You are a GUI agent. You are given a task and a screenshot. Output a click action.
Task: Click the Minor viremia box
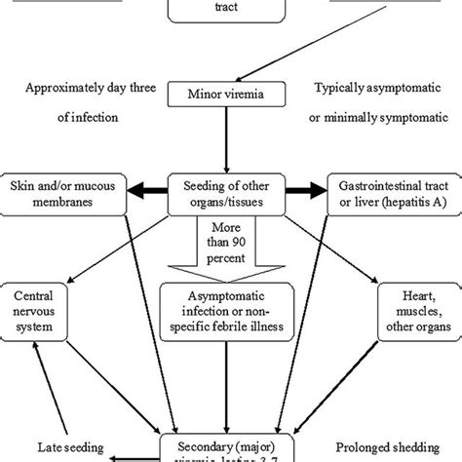(231, 96)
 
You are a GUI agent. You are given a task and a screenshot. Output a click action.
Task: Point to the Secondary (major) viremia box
(231, 443)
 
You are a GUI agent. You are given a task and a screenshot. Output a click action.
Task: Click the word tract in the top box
(231, 5)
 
